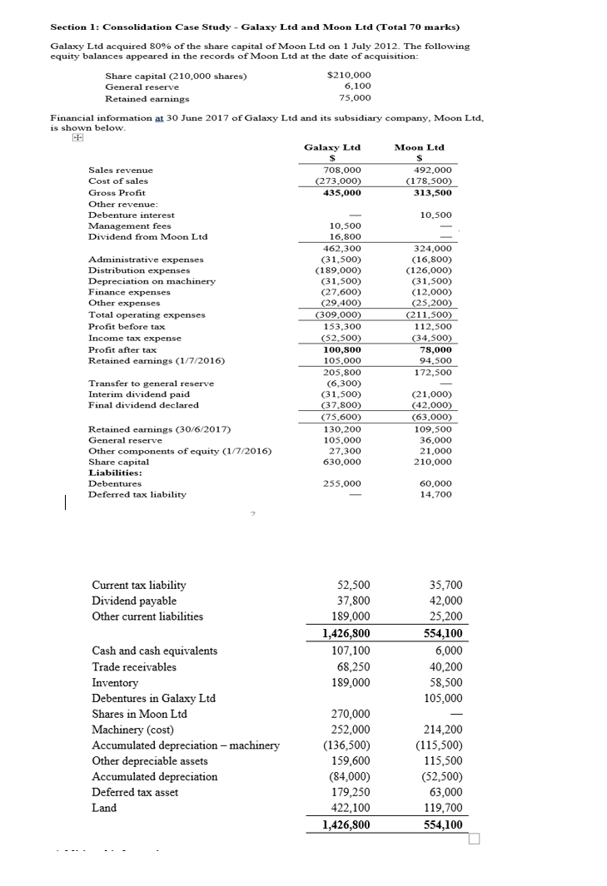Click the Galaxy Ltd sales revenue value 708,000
click(341, 170)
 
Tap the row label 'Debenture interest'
click(132, 215)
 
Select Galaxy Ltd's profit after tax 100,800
click(341, 349)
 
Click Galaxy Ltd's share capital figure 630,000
click(341, 461)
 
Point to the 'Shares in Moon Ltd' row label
click(139, 714)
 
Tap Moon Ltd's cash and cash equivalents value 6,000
click(447, 651)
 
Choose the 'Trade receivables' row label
click(134, 666)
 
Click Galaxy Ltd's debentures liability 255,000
click(341, 483)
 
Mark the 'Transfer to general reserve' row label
click(151, 383)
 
